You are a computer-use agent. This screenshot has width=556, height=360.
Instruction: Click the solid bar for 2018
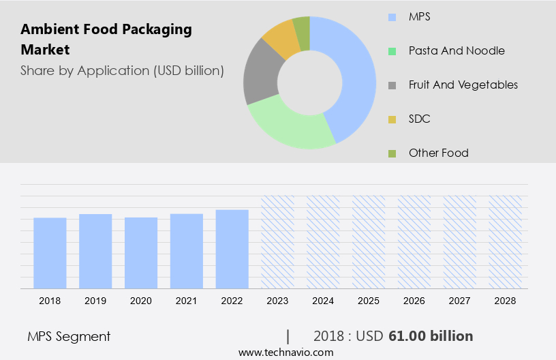(50, 253)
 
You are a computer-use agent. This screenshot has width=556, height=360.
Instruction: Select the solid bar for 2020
(141, 253)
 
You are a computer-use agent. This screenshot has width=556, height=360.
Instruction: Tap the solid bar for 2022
(232, 249)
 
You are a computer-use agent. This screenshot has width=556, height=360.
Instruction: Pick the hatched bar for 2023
(278, 242)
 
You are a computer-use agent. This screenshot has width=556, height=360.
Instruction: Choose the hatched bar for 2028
(506, 242)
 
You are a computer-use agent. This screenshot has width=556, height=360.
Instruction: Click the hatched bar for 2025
(369, 242)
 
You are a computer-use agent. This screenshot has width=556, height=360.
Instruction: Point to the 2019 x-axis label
(95, 300)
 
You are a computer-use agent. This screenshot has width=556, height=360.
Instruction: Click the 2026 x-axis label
(414, 300)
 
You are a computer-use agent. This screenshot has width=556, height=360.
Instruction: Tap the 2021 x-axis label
(187, 300)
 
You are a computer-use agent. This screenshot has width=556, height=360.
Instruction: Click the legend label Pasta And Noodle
(457, 50)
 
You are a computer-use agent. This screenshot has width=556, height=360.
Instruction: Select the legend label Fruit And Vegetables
(463, 85)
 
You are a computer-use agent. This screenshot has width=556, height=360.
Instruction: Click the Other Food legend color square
(392, 153)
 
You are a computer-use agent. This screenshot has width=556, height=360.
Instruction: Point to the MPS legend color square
(392, 16)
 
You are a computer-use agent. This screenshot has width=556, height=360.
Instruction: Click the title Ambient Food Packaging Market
(106, 40)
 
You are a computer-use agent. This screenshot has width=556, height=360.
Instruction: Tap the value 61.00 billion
(431, 336)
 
